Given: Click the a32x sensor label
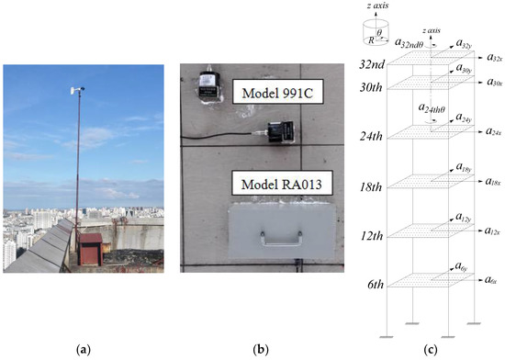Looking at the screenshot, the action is click(491, 59).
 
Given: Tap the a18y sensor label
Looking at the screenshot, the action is click(465, 168).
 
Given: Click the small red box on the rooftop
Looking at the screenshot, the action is click(91, 248).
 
